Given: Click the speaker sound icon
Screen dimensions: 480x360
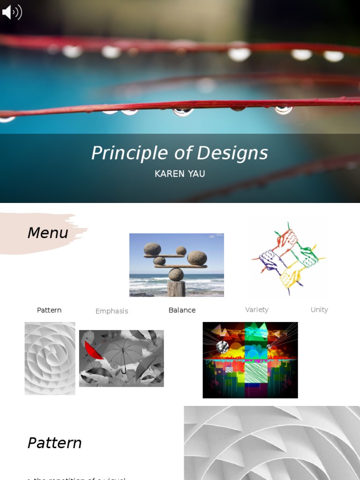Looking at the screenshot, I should [12, 12].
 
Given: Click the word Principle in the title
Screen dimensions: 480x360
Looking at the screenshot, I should [129, 153].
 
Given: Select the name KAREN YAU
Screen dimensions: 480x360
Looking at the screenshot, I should [180, 174].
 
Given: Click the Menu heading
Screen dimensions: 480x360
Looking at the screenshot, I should [47, 232].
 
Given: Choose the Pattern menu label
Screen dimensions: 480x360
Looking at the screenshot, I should [49, 310].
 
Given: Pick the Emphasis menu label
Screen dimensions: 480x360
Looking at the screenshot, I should [112, 311].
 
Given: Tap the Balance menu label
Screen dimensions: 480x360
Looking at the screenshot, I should [182, 310].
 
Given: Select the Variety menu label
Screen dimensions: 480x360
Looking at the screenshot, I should [257, 309].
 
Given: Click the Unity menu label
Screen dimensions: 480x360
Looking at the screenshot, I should [319, 309].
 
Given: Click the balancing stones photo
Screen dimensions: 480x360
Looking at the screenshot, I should [176, 264].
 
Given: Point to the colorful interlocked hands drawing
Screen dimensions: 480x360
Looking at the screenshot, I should [289, 258].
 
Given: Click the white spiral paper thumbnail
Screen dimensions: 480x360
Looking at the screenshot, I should [50, 358].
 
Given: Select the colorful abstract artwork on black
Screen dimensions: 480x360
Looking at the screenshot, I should [250, 360].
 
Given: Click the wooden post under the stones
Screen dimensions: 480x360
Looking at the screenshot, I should [176, 288].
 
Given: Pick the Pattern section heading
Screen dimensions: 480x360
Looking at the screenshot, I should [54, 443].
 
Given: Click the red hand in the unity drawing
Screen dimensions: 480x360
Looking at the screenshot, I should [286, 239].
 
